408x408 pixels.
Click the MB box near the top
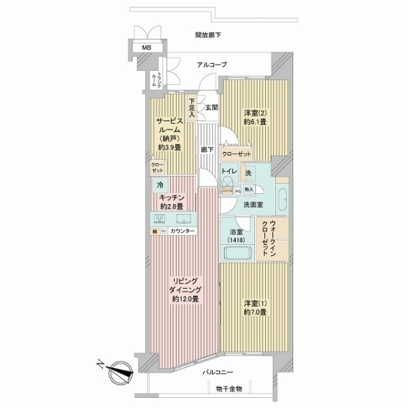[146, 48]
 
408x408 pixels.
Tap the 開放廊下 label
[208, 35]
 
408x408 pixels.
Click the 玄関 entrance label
[211, 108]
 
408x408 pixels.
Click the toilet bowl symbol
[226, 184]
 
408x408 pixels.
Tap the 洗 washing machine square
[250, 173]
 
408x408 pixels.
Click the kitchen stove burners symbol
[160, 219]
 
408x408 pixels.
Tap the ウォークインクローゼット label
[273, 238]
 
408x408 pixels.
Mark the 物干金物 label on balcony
[229, 389]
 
